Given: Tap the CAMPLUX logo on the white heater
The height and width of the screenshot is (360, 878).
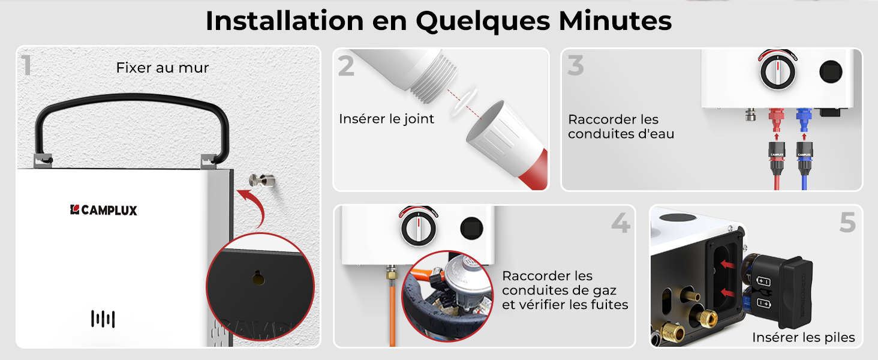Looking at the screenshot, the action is point(104,210).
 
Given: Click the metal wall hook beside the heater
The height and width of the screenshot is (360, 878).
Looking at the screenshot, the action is point(262,181).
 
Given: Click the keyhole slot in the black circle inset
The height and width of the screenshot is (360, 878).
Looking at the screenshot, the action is point(258,278).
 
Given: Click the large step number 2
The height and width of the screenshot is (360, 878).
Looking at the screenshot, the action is point(346,66).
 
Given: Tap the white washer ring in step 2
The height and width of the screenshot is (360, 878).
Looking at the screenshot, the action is point(464,102).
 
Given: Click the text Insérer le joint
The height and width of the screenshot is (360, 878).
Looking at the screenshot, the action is point(386,119).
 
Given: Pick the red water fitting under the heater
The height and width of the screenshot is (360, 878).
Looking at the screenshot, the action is point(776,119).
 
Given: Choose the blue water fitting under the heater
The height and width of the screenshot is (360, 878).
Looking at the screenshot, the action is point(804,119).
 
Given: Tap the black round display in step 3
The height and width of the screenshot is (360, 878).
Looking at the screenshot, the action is point(831,72).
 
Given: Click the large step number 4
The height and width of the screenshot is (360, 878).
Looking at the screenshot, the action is point(621,223).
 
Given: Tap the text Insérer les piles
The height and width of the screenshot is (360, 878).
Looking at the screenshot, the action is point(804,337).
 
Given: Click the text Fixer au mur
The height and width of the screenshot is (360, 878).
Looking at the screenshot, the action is point(163,68).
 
